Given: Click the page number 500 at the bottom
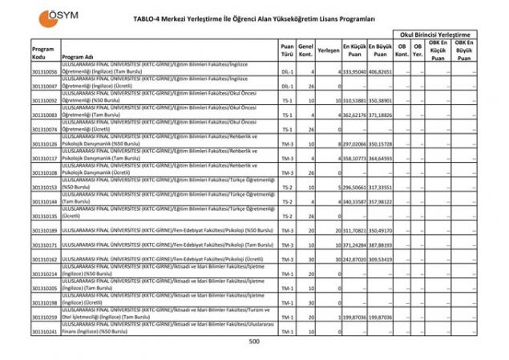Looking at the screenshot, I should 254,342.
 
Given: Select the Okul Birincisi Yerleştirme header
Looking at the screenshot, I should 434,35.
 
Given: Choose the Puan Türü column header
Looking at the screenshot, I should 287,51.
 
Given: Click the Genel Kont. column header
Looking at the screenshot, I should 305,51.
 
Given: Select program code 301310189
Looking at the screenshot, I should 45,231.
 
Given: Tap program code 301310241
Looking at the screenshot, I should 45,332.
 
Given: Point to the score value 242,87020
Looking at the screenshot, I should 354,260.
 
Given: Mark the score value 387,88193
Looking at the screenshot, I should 381,245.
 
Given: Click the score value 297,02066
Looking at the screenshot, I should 354,144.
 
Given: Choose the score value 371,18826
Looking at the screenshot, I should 381,115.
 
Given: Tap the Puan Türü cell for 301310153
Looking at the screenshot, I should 287,188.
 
